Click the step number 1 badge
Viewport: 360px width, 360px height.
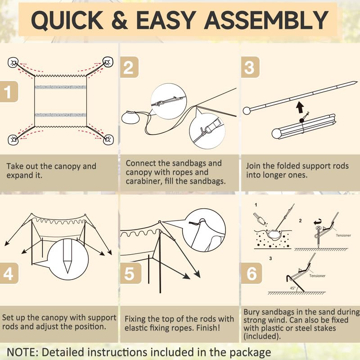pyautogui.click(x=9, y=92)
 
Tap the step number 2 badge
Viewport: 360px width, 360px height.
pyautogui.click(x=129, y=67)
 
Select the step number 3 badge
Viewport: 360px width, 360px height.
pyautogui.click(x=250, y=67)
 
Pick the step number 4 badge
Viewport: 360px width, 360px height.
pyautogui.click(x=9, y=273)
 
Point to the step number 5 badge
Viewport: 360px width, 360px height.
pyautogui.click(x=130, y=273)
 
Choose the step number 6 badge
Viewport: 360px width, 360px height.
pyautogui.click(x=252, y=273)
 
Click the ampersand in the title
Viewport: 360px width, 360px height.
pyautogui.click(x=120, y=20)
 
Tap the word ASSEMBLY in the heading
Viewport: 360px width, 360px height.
pyautogui.click(x=266, y=20)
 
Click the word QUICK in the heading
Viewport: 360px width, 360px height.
pyautogui.click(x=67, y=20)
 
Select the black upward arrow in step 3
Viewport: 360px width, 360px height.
pyautogui.click(x=300, y=108)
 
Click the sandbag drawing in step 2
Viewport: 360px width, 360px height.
pyautogui.click(x=130, y=117)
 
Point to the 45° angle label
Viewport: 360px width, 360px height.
pyautogui.click(x=292, y=288)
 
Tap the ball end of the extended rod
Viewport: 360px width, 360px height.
pyautogui.click(x=247, y=111)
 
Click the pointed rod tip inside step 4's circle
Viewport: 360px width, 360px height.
pyautogui.click(x=67, y=266)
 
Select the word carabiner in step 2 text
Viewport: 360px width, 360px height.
pyautogui.click(x=143, y=181)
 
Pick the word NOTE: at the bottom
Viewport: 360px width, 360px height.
pyautogui.click(x=22, y=352)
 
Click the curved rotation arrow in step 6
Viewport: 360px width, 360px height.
pyautogui.click(x=318, y=222)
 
